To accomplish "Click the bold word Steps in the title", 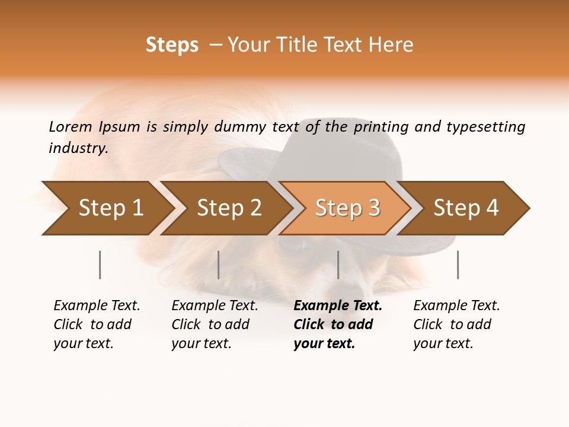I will pos(172,45).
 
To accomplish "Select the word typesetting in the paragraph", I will pos(485,127).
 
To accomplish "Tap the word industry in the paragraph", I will pos(78,148).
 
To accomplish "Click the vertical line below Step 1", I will pos(100,265).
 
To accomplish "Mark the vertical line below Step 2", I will pos(218,265).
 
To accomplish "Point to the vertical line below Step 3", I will pos(338,265).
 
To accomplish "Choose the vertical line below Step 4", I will pos(458,265).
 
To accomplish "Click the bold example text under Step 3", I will pos(337,324).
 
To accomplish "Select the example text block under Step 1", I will pos(96,324).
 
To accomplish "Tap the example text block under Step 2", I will pos(214,324).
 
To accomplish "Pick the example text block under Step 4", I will pos(456,324).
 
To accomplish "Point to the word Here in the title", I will pos(391,45).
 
